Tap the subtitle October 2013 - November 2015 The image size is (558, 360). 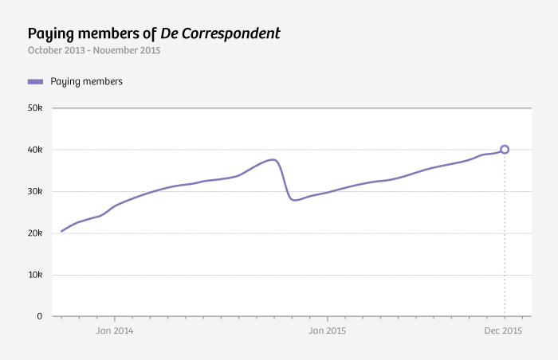click(94, 51)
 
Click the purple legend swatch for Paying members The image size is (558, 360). click(35, 81)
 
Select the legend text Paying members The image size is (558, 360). click(86, 81)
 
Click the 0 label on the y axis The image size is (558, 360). click(39, 316)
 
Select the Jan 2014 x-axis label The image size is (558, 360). click(114, 331)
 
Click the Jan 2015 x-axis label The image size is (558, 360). click(327, 331)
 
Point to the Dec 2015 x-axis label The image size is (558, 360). click(504, 331)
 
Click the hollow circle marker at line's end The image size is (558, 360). click(505, 149)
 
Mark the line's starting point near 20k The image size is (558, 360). click(61, 231)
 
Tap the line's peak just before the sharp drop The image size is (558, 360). click(273, 159)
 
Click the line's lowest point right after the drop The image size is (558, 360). click(295, 200)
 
